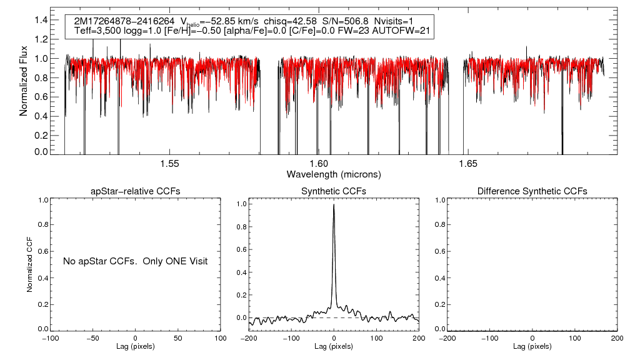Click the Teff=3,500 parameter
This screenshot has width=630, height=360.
[97, 31]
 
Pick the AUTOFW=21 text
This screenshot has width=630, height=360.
[404, 31]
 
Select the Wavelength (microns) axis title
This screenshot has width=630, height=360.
[334, 174]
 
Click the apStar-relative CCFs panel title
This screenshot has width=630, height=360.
[136, 191]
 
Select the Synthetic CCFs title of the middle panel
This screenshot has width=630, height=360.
[334, 191]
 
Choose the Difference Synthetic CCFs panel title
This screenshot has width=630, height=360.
[532, 191]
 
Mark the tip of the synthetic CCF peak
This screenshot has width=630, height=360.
[334, 204]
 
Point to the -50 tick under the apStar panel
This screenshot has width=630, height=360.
[92, 338]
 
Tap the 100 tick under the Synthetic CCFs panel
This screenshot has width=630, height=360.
[376, 338]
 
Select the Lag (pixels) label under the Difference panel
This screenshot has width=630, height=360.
[532, 346]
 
